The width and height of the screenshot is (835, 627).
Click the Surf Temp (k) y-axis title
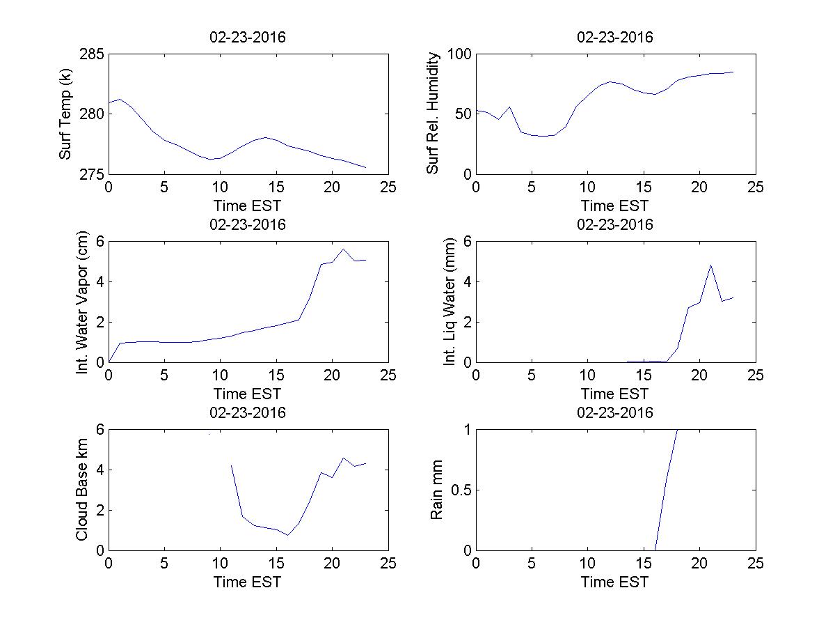coord(66,114)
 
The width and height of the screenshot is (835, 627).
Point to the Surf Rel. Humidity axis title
coord(434,114)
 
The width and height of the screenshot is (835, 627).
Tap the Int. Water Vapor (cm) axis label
coord(83,302)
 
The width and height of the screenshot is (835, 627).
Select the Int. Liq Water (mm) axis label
coord(450,302)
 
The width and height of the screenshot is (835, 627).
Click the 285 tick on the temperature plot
coord(92,54)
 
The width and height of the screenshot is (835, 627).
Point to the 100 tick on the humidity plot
coord(459,54)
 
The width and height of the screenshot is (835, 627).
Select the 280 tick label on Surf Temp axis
coord(92,114)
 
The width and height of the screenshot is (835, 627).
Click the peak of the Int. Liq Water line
coord(710,265)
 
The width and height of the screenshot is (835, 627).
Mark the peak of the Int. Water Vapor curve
coord(343,249)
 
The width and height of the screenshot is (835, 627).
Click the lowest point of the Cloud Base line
coord(287,535)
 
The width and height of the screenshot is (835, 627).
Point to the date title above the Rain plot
coord(615,412)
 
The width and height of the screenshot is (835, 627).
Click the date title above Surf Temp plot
coord(248,38)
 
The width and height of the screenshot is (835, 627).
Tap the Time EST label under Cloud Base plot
coord(248,582)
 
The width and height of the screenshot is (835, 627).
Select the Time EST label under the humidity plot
coord(615,206)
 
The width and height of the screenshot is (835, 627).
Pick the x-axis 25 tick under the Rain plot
coord(755,564)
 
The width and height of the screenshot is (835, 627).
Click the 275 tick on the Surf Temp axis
coord(92,173)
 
